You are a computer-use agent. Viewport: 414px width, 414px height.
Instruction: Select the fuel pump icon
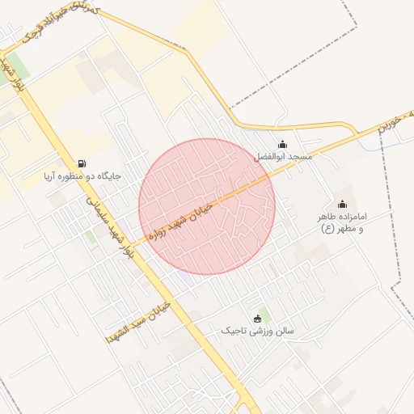[82, 163]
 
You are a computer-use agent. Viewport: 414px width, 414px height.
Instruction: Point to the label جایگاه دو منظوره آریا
[82, 175]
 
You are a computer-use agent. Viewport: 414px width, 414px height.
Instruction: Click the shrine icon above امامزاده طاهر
[342, 204]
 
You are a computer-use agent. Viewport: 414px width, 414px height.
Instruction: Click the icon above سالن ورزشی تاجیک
[258, 318]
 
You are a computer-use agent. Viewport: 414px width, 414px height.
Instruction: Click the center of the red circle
[207, 206]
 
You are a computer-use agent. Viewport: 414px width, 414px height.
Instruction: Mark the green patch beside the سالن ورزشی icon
[265, 313]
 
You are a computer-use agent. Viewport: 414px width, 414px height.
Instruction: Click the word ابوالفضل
[271, 156]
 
